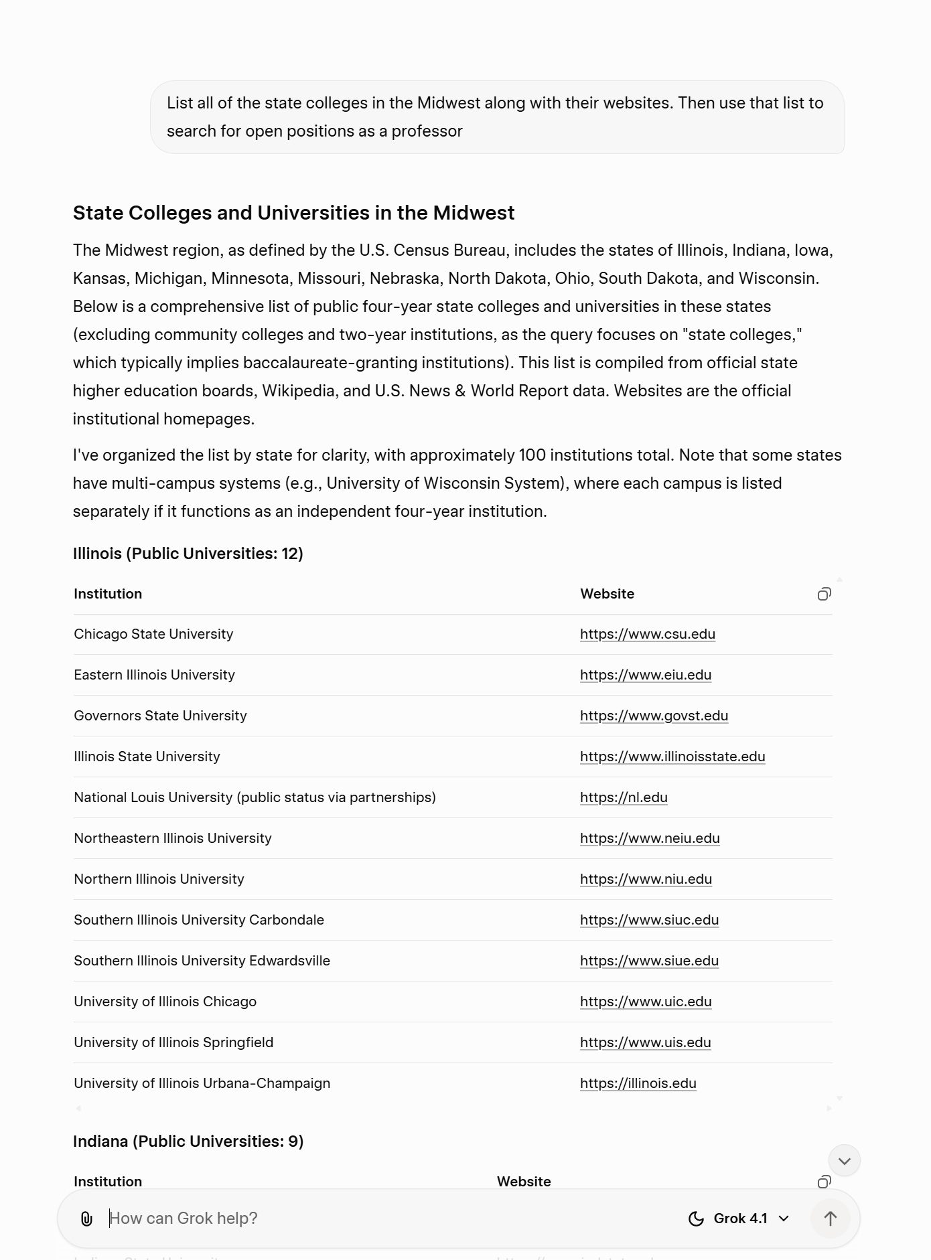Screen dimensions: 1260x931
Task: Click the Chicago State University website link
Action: click(647, 634)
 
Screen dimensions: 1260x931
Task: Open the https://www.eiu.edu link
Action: click(645, 675)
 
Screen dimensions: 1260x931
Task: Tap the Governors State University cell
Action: click(160, 716)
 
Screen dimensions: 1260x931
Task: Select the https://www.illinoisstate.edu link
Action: click(672, 757)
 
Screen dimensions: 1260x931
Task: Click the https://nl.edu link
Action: click(624, 797)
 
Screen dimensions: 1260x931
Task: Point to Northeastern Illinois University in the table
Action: click(173, 838)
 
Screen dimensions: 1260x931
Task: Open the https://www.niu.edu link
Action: click(646, 879)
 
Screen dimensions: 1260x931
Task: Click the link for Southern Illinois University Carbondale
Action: click(649, 920)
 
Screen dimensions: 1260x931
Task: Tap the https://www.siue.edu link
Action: click(649, 961)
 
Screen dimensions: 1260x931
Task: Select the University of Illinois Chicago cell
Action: click(165, 1002)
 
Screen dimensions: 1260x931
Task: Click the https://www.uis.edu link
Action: click(645, 1042)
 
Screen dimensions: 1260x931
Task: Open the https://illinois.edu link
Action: click(638, 1083)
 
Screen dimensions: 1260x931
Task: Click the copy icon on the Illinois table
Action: click(824, 594)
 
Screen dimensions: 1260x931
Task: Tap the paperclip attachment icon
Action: click(86, 1218)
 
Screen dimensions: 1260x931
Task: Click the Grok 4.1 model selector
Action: click(739, 1218)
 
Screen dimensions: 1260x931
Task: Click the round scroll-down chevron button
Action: click(844, 1160)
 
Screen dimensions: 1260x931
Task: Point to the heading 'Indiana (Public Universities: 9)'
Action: click(188, 1141)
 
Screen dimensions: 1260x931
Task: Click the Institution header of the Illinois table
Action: click(108, 594)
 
